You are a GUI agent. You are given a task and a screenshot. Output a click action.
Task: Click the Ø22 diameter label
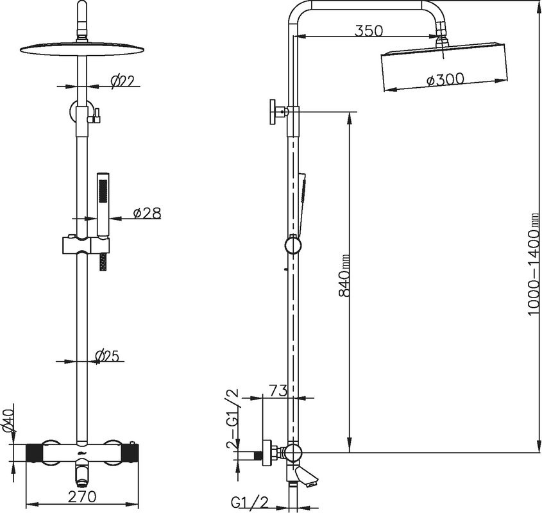(x=122, y=81)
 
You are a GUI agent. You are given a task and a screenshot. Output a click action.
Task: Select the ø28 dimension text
(x=146, y=213)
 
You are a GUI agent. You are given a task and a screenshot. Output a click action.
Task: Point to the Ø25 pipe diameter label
(x=108, y=355)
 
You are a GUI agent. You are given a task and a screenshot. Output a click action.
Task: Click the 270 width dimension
(x=83, y=496)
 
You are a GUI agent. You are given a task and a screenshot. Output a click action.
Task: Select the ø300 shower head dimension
(x=445, y=79)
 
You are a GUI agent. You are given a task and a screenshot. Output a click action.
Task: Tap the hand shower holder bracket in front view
(x=85, y=245)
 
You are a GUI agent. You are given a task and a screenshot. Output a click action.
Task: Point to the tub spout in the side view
(x=307, y=475)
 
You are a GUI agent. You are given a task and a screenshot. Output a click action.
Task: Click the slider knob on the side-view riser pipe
(x=292, y=245)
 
